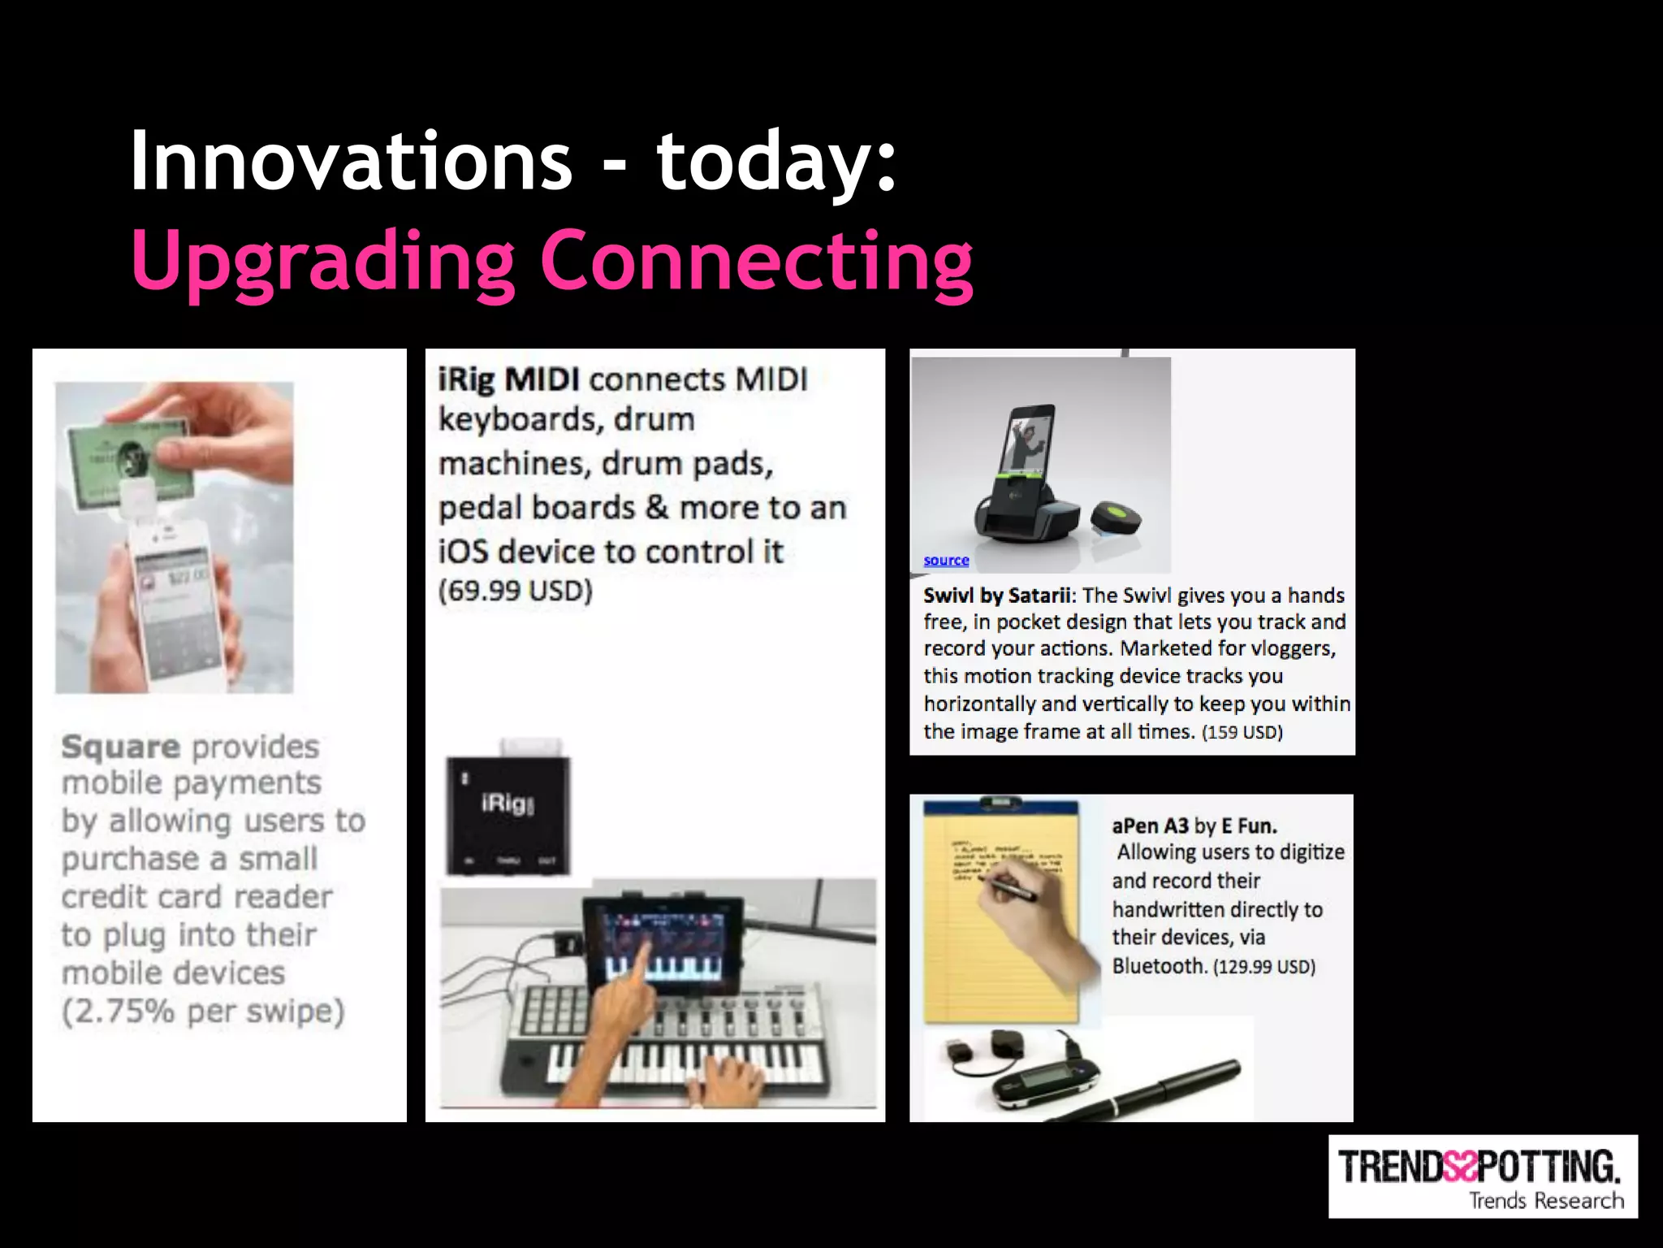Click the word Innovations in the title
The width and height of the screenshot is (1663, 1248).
[x=351, y=161]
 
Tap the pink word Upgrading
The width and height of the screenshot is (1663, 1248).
[x=322, y=262]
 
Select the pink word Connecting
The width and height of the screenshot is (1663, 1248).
[x=756, y=262]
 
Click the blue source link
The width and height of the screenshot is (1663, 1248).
[x=946, y=561]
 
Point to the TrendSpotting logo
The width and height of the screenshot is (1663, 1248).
[x=1482, y=1176]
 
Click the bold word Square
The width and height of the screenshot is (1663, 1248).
[x=121, y=747]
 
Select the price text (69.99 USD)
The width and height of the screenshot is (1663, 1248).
[x=516, y=591]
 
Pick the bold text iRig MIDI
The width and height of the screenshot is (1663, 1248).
[x=509, y=379]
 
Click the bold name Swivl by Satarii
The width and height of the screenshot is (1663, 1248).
[x=998, y=596]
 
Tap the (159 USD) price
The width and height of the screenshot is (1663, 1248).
[x=1242, y=732]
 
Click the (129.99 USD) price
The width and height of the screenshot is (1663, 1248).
[x=1264, y=967]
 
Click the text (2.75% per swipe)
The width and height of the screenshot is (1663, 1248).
[x=203, y=1012]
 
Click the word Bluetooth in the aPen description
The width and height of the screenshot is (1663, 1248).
[x=1159, y=966]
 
